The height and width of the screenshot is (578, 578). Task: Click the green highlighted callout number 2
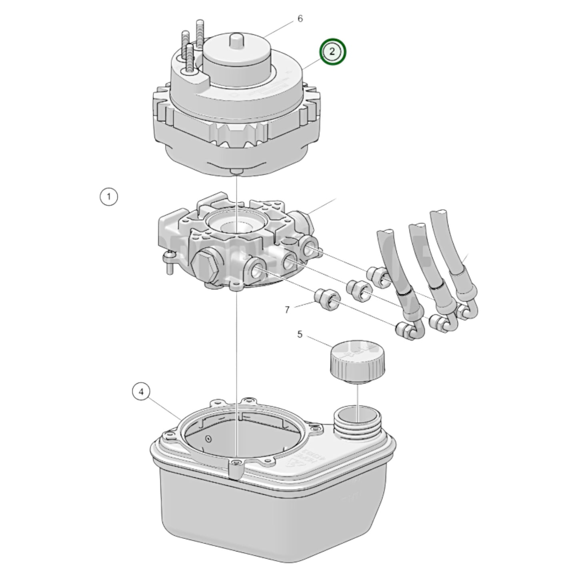[x=332, y=51]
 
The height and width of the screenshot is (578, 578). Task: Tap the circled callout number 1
[x=108, y=197]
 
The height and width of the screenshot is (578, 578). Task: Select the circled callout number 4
[x=141, y=392]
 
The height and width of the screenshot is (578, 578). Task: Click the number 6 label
[x=300, y=19]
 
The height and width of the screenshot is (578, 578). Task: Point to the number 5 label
[x=300, y=334]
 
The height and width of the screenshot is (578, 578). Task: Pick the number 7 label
[x=287, y=309]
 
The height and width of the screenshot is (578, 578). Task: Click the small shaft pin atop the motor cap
[x=236, y=41]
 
